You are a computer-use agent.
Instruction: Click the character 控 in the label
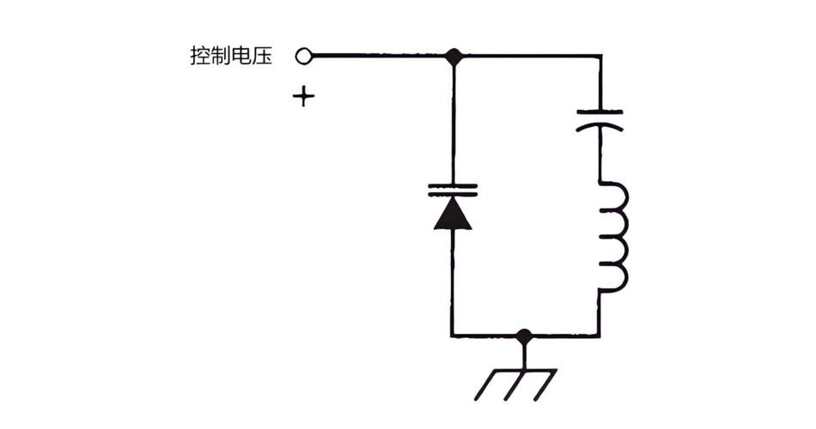[200, 57]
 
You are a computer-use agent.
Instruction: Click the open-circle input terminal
[302, 57]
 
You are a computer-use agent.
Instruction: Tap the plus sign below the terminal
[302, 96]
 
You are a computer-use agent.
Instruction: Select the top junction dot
[453, 57]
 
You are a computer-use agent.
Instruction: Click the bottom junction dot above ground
[525, 335]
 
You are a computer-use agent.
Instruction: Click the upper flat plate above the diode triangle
[453, 184]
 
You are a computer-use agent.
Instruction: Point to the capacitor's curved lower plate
[600, 126]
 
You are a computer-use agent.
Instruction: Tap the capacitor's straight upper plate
[600, 111]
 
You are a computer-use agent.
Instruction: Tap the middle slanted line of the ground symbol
[516, 385]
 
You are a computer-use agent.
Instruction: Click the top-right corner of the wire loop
[600, 57]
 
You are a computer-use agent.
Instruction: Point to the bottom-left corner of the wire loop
[453, 335]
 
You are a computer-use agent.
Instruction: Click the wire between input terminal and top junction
[378, 57]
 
